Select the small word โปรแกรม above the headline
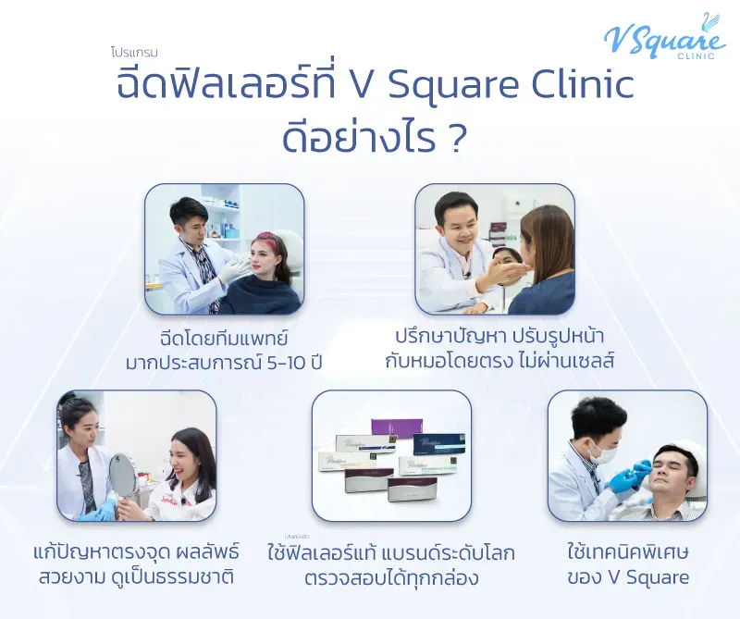140,54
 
